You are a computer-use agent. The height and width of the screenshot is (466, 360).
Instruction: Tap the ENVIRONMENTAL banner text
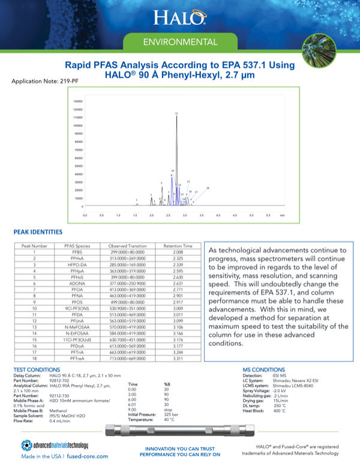pyautogui.click(x=179, y=43)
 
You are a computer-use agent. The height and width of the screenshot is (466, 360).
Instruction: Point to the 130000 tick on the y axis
pyautogui.click(x=77, y=101)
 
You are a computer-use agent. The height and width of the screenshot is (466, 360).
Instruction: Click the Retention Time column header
pyautogui.click(x=178, y=246)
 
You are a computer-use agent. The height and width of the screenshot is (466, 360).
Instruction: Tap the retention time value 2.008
pyautogui.click(x=178, y=252)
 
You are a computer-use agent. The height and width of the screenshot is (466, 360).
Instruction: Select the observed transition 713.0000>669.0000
pyautogui.click(x=127, y=358)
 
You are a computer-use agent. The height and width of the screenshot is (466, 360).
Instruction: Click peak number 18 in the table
pyautogui.click(x=35, y=358)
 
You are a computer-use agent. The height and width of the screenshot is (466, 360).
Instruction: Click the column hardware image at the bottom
pyautogui.click(x=179, y=430)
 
